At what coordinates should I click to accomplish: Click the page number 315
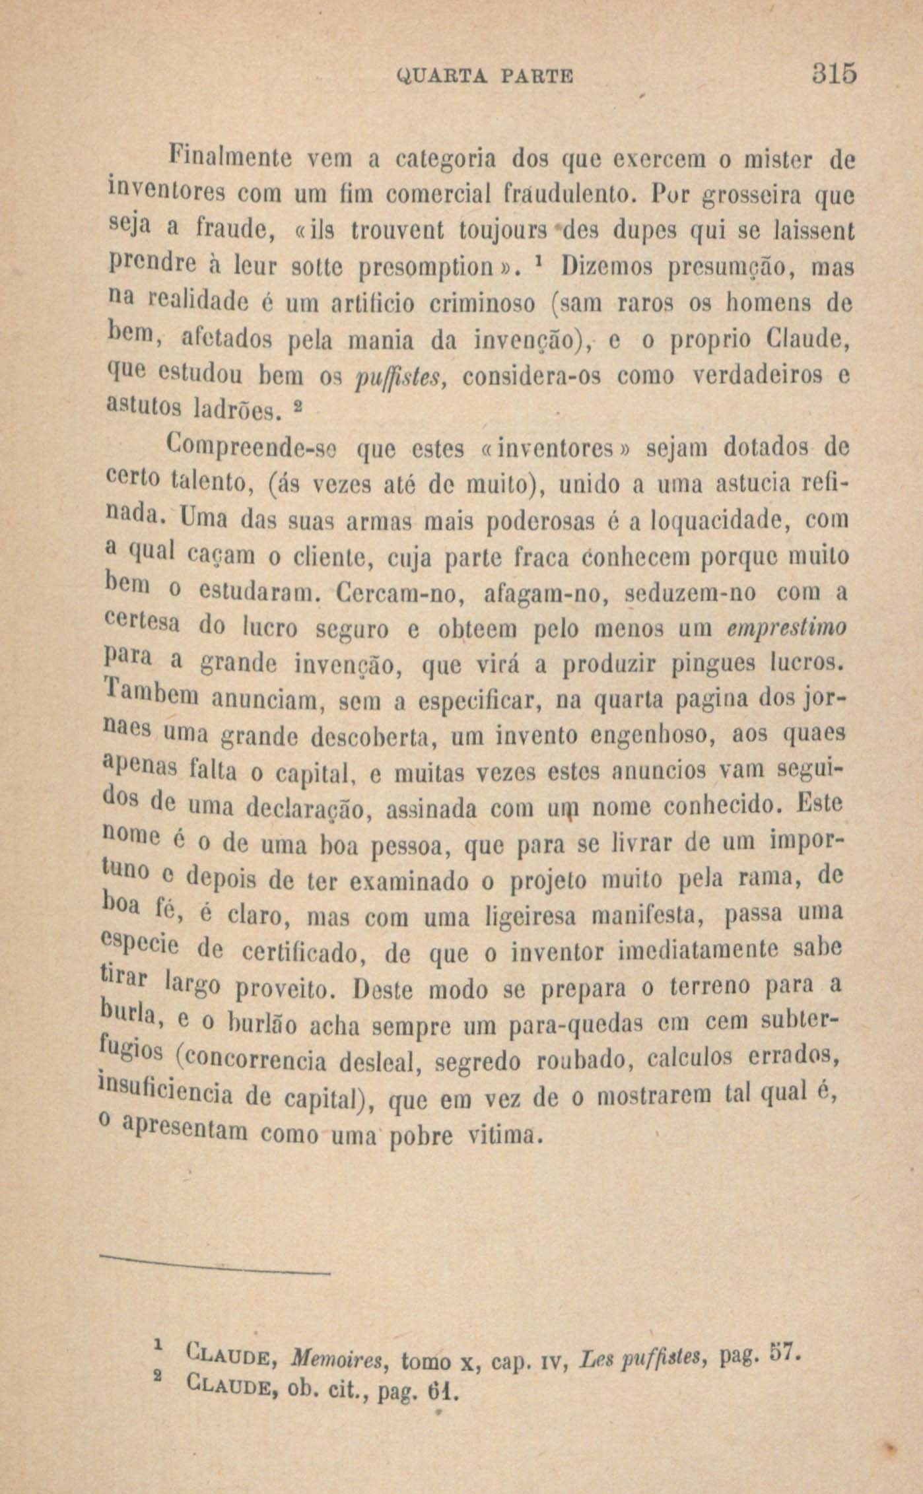pos(825,73)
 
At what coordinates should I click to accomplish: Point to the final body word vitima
pos(504,1136)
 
